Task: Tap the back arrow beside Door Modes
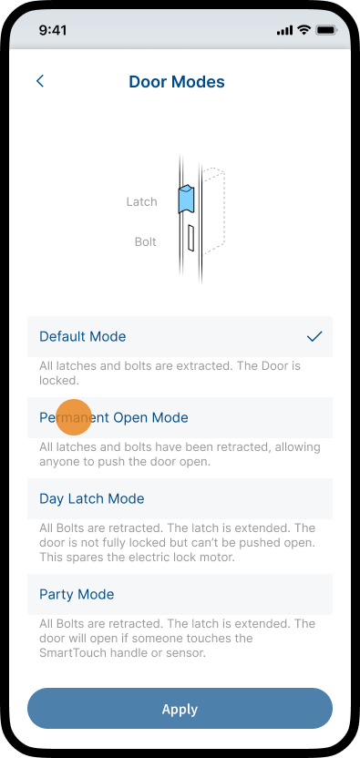[40, 81]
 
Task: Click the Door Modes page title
[177, 82]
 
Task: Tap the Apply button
[180, 708]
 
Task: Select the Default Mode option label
[83, 336]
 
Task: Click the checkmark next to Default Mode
[314, 336]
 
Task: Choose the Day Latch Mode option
[92, 499]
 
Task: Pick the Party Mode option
[77, 594]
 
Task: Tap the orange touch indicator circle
[74, 417]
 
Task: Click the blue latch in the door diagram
[185, 199]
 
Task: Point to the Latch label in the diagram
[142, 201]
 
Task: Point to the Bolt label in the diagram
[146, 241]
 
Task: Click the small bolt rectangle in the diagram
[190, 239]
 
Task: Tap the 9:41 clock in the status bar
[53, 30]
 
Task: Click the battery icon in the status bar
[326, 30]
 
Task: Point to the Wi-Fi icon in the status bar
[304, 30]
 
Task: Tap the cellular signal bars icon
[285, 31]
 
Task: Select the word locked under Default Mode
[58, 381]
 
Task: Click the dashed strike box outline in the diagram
[214, 210]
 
